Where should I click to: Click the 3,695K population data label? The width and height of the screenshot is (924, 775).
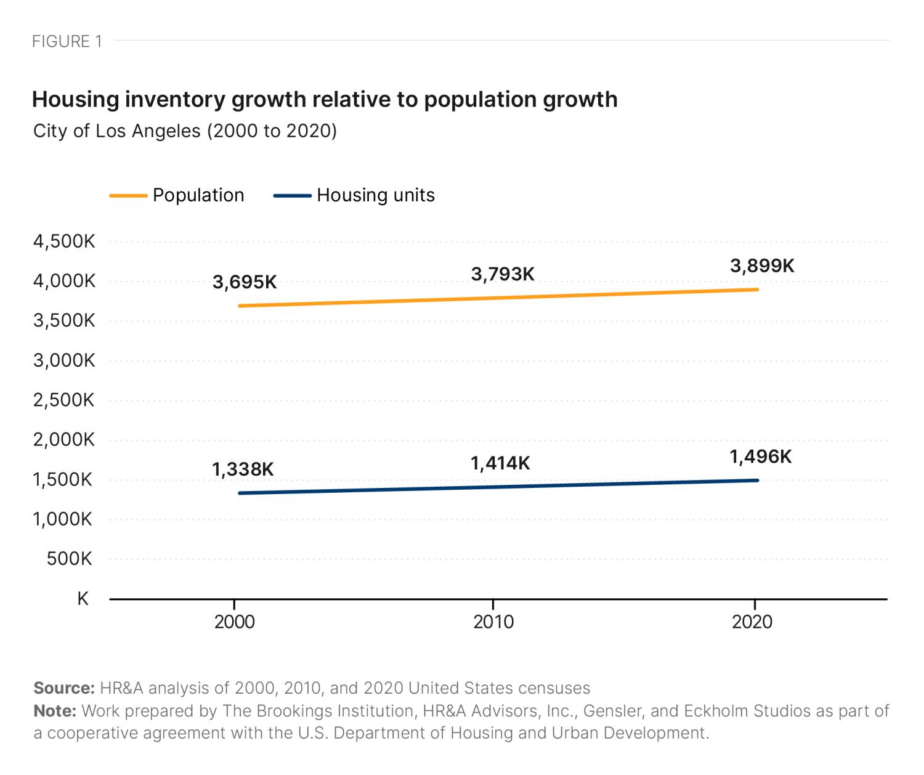[x=245, y=282]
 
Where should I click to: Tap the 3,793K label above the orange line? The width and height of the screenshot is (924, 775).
[x=503, y=274]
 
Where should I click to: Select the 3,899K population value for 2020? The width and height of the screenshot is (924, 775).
[x=762, y=266]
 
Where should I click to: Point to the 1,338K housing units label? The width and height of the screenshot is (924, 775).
[x=243, y=469]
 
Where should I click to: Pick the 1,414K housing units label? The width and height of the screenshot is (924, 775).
[x=500, y=463]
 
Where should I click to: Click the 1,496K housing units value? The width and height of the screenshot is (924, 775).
[x=761, y=456]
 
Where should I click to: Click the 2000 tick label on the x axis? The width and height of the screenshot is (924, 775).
[x=234, y=621]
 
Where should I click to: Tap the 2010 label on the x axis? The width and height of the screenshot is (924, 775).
[x=493, y=621]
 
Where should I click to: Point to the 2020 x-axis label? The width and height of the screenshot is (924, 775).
[x=752, y=621]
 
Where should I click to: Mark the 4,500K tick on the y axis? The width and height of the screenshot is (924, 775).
[x=64, y=241]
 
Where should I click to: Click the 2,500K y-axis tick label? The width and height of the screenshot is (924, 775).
[x=64, y=400]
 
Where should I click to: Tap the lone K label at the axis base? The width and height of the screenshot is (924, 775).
[x=83, y=598]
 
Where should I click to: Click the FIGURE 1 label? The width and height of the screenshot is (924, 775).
[x=67, y=41]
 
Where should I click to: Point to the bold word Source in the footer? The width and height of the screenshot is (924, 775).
[x=63, y=688]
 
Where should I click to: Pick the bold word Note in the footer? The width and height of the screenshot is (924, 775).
[x=54, y=711]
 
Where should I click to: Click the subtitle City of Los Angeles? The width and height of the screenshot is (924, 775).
[x=185, y=131]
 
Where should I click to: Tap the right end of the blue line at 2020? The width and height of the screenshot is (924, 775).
[x=756, y=480]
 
